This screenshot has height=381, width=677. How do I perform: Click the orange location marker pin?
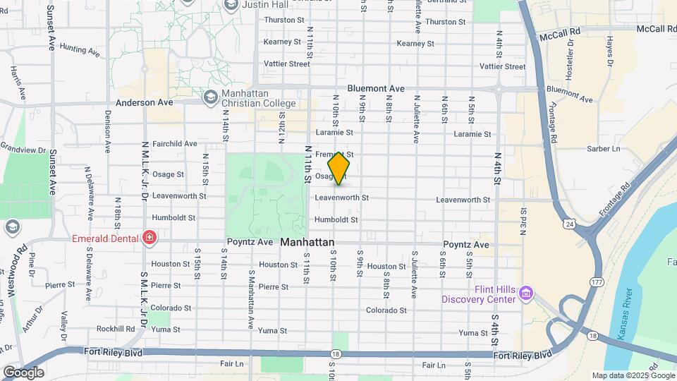[x=338, y=167]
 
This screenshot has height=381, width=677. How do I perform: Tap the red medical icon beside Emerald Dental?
[x=149, y=238]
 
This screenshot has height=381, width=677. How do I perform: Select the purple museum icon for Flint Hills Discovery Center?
[x=525, y=293]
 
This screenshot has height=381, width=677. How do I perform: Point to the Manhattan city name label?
[x=307, y=242]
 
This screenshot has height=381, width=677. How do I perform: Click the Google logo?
[x=23, y=373]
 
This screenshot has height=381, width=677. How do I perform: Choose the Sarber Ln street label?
[x=603, y=149]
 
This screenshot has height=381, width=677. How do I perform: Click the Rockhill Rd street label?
[x=116, y=329]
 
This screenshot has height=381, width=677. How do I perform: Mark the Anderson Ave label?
[x=145, y=102]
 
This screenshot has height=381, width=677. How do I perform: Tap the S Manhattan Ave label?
[x=250, y=300]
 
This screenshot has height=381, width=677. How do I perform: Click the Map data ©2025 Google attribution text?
[x=633, y=376]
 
